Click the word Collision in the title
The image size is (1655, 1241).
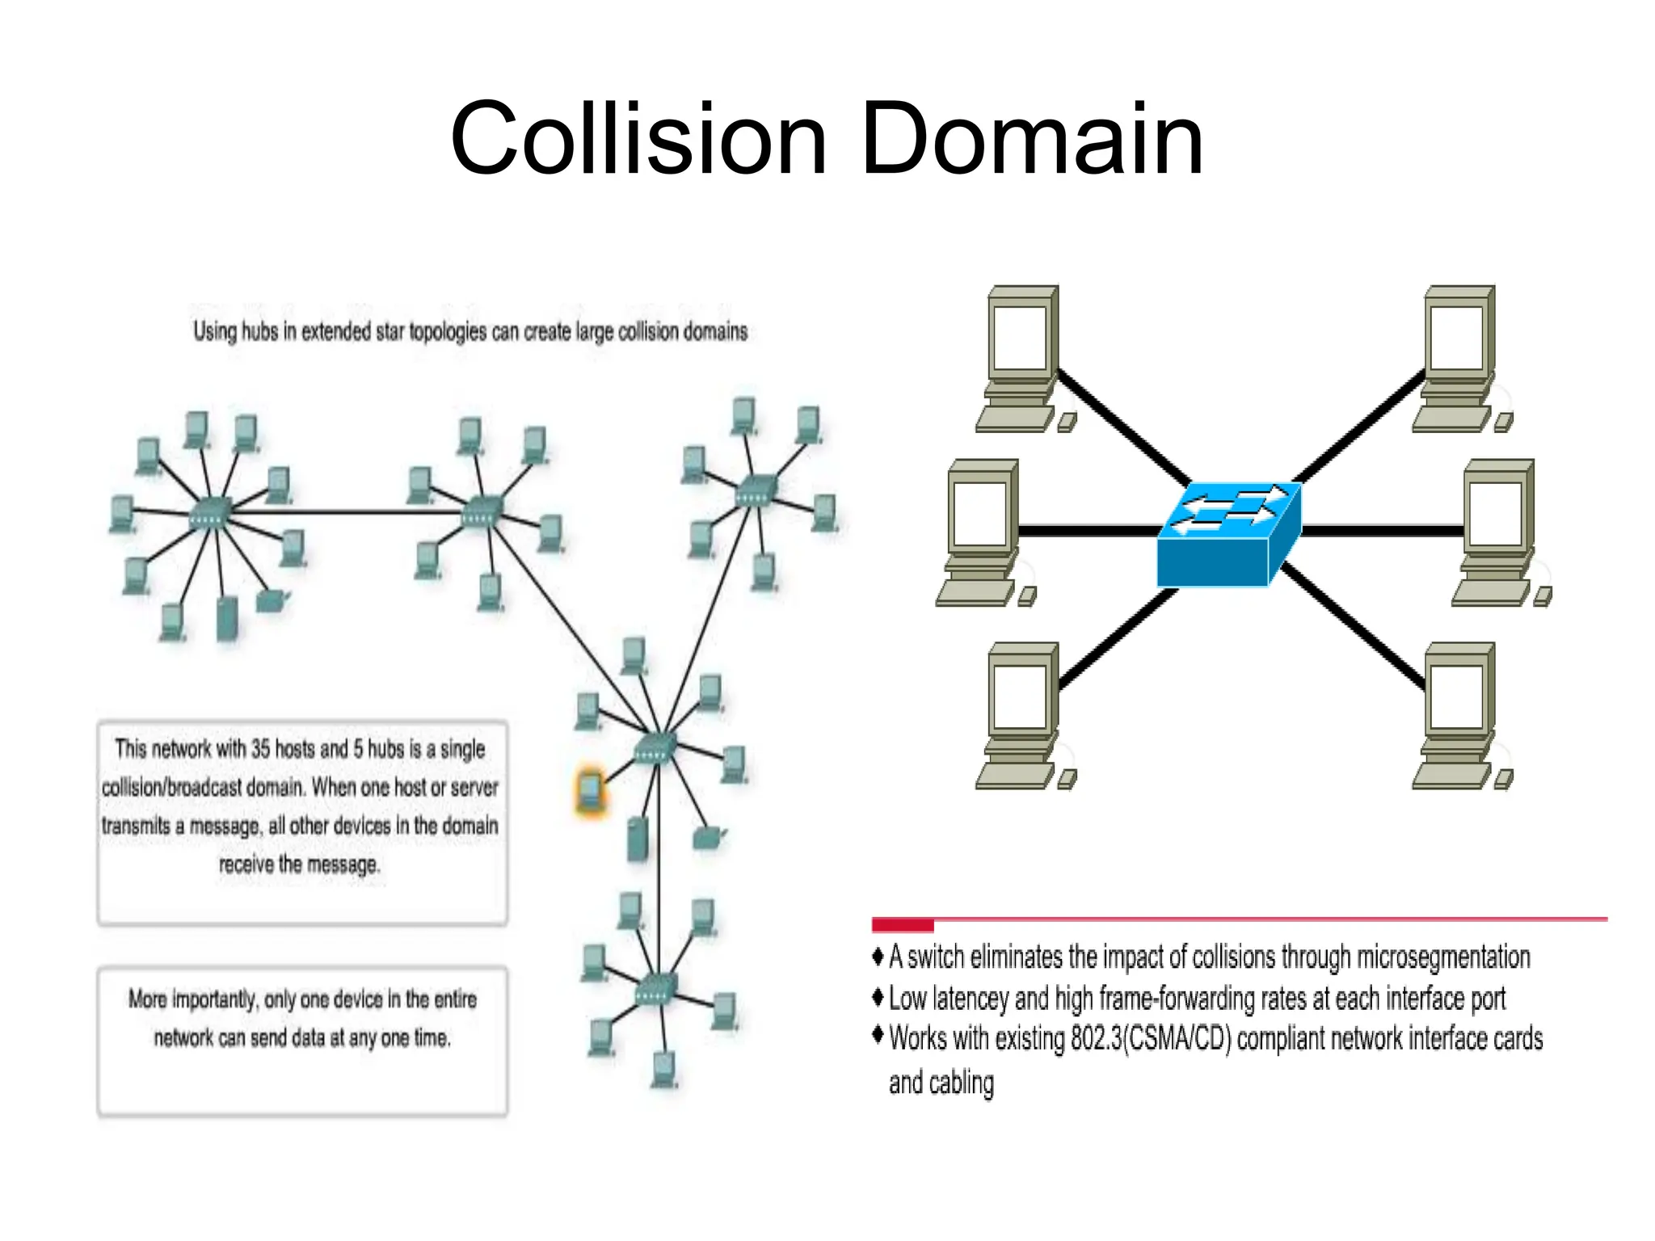pos(638,139)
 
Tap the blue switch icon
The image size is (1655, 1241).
pos(1228,533)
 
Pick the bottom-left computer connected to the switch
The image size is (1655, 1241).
pos(1022,715)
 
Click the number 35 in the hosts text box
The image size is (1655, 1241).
pos(259,749)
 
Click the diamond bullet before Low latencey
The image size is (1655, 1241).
pos(878,997)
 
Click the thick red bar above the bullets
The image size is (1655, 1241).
pos(902,924)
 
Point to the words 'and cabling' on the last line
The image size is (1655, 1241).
pos(941,1083)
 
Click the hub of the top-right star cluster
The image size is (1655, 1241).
pos(756,490)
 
